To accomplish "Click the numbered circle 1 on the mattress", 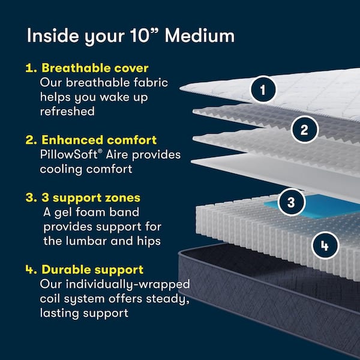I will (x=262, y=91).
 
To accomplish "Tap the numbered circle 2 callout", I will (x=304, y=129).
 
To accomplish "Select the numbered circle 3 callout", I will (x=291, y=202).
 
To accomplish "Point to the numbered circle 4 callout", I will (x=325, y=245).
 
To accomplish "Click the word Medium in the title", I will (x=200, y=35).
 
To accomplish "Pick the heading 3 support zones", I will (x=90, y=197).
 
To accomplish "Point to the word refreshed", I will (x=67, y=111).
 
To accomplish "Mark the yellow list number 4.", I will (x=29, y=270).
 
